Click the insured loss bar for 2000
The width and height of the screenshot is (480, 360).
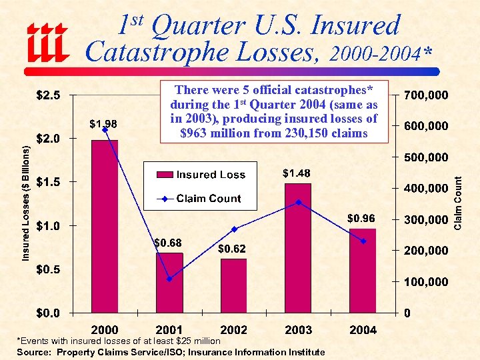[105, 226]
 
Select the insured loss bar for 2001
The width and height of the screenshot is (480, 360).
[169, 283]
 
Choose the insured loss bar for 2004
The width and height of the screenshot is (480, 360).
[363, 270]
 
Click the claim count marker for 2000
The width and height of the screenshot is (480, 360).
[105, 129]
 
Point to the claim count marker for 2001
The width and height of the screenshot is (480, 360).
[169, 279]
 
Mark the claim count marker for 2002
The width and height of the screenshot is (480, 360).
[233, 229]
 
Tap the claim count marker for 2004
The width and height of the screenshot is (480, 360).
[363, 241]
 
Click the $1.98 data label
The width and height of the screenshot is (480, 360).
[104, 123]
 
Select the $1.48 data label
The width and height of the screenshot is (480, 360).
[296, 174]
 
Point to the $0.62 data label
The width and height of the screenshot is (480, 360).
[232, 249]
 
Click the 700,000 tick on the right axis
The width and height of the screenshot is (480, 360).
[427, 95]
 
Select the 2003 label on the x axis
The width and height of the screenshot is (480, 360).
[298, 329]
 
